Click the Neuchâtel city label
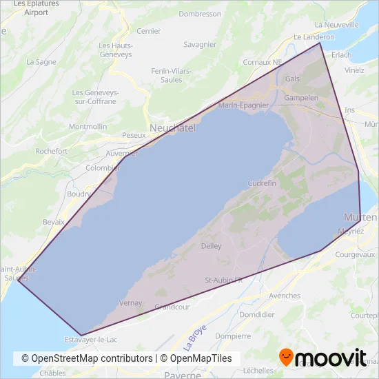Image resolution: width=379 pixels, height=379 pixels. [173, 128]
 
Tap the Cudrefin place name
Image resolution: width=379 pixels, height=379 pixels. [262, 183]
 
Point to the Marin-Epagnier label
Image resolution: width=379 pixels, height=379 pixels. [243, 105]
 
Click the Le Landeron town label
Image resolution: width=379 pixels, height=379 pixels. [314, 37]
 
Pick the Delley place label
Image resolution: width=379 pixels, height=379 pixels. [211, 245]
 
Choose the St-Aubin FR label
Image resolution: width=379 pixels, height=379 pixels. [224, 280]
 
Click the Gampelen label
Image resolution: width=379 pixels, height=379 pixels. [301, 98]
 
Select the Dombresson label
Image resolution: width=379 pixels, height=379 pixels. [200, 14]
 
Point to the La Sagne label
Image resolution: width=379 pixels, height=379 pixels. [41, 61]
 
